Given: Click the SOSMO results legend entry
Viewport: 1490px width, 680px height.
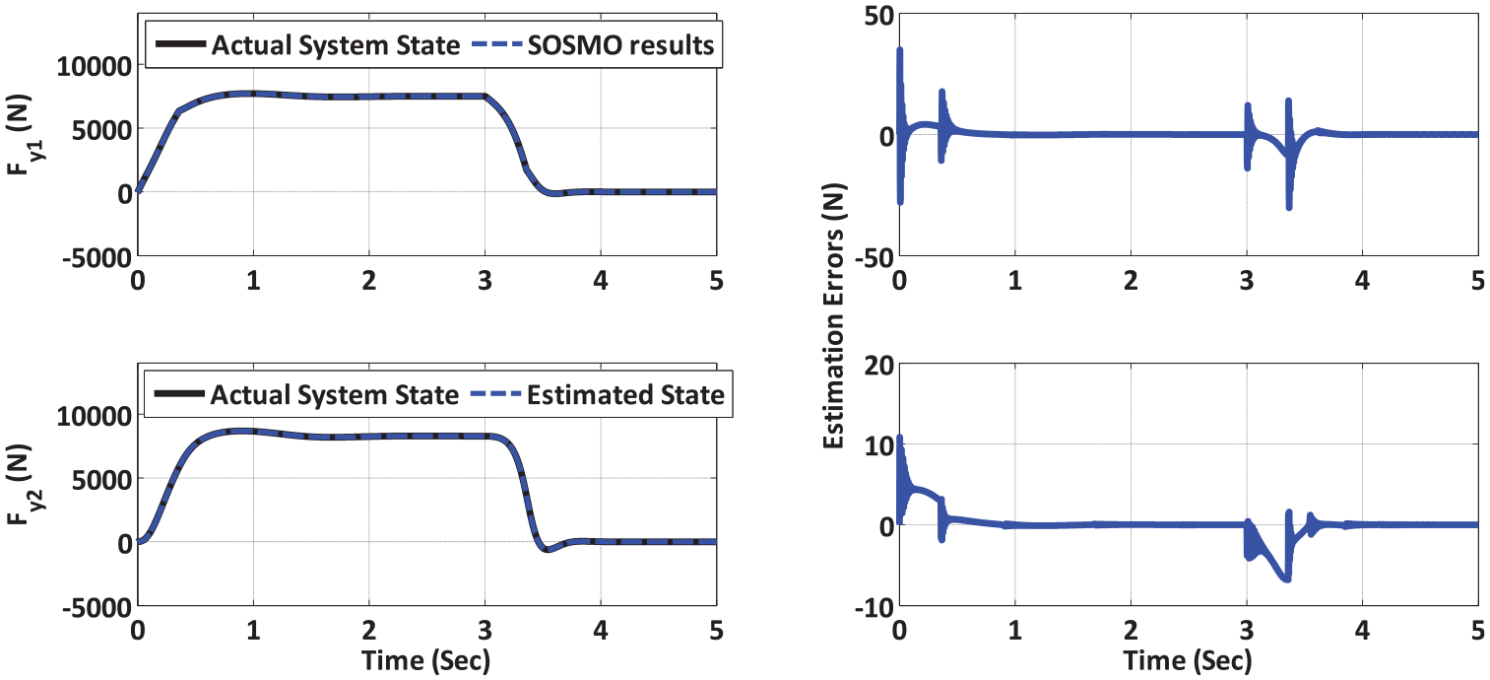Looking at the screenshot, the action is pyautogui.click(x=620, y=45).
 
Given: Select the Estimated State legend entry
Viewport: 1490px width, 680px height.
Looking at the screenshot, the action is pyautogui.click(x=625, y=395).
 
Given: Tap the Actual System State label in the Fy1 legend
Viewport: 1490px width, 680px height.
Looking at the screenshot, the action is pyautogui.click(x=335, y=45).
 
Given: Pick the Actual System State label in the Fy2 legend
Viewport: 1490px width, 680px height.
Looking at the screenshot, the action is pyautogui.click(x=335, y=395).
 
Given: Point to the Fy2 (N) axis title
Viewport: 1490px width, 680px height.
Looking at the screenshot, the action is pyautogui.click(x=20, y=485).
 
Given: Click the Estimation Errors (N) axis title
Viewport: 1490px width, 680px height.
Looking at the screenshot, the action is pyautogui.click(x=833, y=316).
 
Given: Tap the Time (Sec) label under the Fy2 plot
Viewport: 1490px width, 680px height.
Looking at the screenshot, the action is pyautogui.click(x=425, y=660).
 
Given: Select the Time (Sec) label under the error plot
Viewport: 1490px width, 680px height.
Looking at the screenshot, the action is pyautogui.click(x=1188, y=660).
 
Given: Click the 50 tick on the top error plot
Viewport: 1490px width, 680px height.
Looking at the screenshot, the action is pyautogui.click(x=878, y=16).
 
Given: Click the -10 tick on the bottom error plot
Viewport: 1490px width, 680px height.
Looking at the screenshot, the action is pyautogui.click(x=874, y=607).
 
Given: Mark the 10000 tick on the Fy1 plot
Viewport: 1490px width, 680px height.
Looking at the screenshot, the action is pyautogui.click(x=95, y=67).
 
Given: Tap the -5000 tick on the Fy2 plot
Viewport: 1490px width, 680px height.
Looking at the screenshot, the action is pyautogui.click(x=97, y=607).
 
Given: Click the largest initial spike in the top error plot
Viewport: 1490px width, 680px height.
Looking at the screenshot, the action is pyautogui.click(x=900, y=50).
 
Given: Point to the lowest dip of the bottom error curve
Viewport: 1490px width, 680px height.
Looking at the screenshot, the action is pyautogui.click(x=1288, y=579).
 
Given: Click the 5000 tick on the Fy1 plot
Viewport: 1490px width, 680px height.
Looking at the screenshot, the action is pyautogui.click(x=101, y=130).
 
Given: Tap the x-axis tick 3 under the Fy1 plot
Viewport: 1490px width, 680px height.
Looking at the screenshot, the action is pyautogui.click(x=485, y=281).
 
